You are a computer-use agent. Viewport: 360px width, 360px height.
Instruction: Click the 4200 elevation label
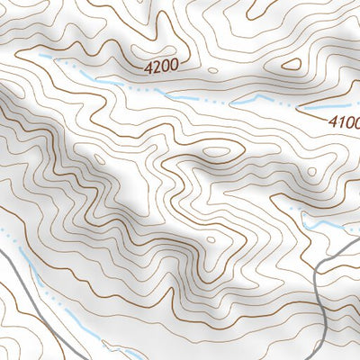pyautogui.click(x=161, y=65)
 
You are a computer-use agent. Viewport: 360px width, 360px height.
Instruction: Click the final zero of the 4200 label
pyautogui.click(x=174, y=65)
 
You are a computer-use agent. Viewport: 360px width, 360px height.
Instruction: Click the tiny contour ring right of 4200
pyautogui.click(x=211, y=68)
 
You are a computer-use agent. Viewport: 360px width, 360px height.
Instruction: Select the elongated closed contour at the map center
pyautogui.click(x=216, y=152)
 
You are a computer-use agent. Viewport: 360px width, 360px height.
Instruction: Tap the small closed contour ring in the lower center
pyautogui.click(x=210, y=240)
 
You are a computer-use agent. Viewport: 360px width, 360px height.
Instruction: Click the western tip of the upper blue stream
pyautogui.click(x=40, y=57)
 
